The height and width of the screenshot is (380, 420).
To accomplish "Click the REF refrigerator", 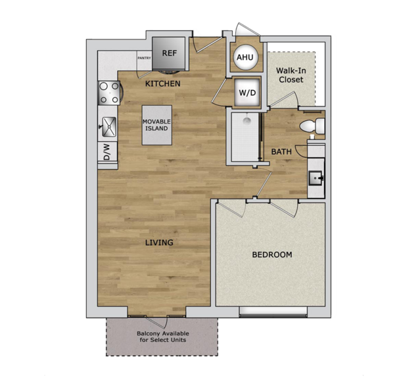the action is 168,54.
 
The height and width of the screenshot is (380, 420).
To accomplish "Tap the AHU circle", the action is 245,57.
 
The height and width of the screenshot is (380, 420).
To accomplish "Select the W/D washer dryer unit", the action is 247,92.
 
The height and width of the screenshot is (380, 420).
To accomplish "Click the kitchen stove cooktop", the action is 109,93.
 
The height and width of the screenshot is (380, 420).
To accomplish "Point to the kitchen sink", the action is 109,127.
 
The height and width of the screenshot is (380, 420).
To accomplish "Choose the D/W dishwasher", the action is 108,152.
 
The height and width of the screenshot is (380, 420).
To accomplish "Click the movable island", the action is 156,125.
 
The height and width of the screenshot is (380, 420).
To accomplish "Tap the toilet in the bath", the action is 312,126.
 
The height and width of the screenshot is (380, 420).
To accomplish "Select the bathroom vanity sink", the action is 315,178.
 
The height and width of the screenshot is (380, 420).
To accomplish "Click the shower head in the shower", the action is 247,121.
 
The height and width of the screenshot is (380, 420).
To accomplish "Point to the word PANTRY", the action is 144,58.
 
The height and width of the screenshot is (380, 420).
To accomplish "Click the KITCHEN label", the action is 162,84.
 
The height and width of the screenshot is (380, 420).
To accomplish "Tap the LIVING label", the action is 159,243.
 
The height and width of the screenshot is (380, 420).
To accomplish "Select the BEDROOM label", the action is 272,254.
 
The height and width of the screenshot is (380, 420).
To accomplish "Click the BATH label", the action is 281,152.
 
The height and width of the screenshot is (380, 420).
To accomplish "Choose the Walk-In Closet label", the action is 291,76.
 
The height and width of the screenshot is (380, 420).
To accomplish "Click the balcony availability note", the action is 163,337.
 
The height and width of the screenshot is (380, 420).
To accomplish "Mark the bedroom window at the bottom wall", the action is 273,312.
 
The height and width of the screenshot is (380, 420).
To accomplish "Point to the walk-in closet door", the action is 283,99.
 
